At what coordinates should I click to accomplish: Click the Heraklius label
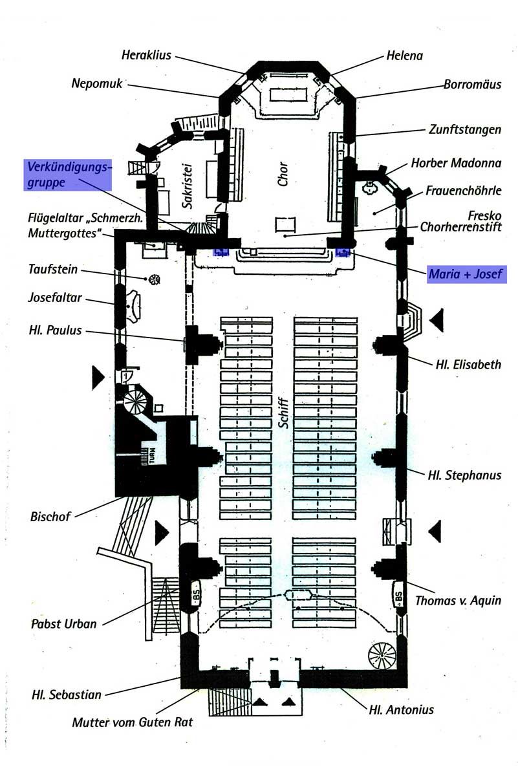click(146, 55)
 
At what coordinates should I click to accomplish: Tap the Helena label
click(404, 56)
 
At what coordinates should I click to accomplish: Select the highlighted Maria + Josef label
click(466, 274)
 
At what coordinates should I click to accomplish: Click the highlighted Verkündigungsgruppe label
click(68, 175)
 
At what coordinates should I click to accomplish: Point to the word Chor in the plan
click(283, 174)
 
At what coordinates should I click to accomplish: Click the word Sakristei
click(188, 186)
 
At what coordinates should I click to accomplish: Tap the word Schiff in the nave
click(283, 413)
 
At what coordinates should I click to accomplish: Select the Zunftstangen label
click(464, 129)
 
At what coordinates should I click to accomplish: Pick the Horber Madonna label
click(456, 163)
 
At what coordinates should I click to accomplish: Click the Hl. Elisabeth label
click(468, 365)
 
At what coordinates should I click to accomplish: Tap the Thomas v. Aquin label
click(458, 600)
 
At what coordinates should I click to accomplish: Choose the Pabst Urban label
click(64, 623)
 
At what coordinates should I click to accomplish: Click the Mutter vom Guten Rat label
click(133, 722)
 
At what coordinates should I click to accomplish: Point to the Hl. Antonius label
click(401, 709)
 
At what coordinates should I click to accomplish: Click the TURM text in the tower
click(153, 455)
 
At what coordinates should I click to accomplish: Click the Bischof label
click(50, 517)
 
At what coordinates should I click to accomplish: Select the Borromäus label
click(473, 84)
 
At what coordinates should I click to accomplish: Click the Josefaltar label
click(55, 297)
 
